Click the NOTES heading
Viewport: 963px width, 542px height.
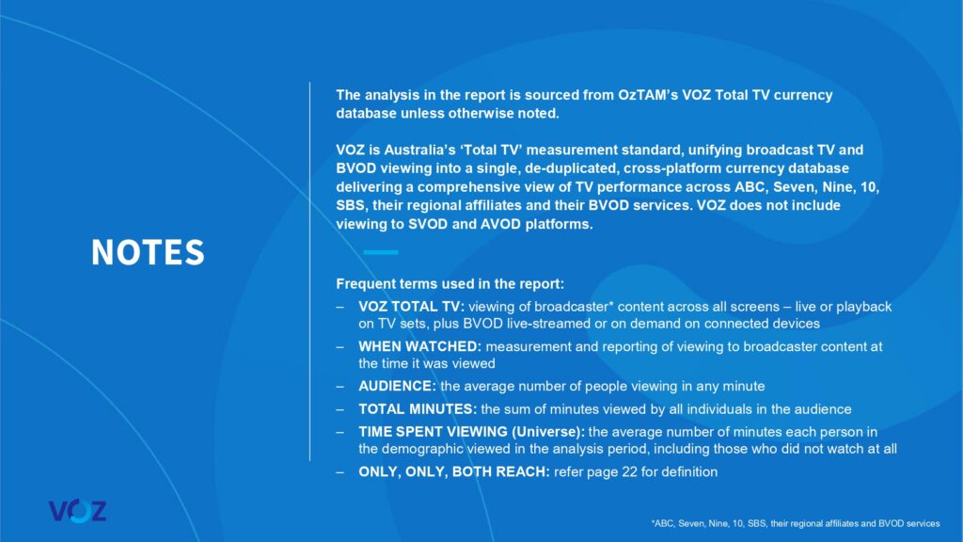pyautogui.click(x=148, y=252)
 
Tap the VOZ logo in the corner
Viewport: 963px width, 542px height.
pyautogui.click(x=77, y=511)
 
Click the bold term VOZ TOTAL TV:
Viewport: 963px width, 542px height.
pyautogui.click(x=412, y=307)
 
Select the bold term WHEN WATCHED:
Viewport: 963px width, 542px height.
pyautogui.click(x=419, y=346)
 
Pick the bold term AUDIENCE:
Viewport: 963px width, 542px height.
pyautogui.click(x=396, y=386)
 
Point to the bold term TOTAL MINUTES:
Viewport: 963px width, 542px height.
pyautogui.click(x=418, y=408)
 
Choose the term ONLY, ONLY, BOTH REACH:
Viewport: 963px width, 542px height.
pyautogui.click(x=453, y=472)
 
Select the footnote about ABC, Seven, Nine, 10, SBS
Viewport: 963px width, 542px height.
pyautogui.click(x=794, y=522)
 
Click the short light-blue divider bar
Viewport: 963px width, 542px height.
pyautogui.click(x=381, y=252)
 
